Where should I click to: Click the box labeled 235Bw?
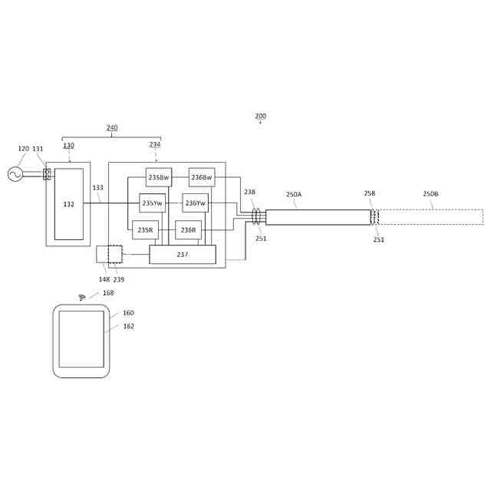click(159, 177)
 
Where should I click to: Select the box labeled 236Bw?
click(202, 177)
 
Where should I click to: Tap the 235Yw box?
click(153, 203)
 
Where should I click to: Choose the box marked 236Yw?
click(196, 203)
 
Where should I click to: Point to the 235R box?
click(145, 229)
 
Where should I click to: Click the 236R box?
click(188, 229)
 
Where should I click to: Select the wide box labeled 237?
click(183, 254)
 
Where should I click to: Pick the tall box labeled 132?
click(69, 204)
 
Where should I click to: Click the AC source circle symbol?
click(15, 174)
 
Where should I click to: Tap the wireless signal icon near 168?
click(82, 297)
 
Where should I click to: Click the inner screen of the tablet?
click(81, 339)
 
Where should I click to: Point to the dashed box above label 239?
click(115, 254)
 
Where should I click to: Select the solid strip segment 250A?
click(318, 217)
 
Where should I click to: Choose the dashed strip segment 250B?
click(430, 217)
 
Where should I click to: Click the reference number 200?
click(261, 117)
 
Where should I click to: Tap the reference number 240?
click(112, 128)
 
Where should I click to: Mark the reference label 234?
click(155, 145)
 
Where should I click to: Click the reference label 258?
click(370, 194)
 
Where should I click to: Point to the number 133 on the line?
click(97, 188)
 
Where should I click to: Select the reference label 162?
click(128, 326)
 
